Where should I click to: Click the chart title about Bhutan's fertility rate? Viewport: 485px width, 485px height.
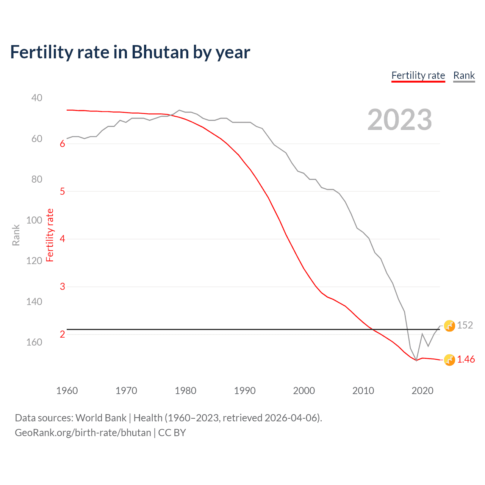130,52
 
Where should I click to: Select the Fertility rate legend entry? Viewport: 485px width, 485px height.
418,75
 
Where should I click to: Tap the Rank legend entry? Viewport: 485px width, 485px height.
464,75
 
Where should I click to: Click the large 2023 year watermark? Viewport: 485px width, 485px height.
399,120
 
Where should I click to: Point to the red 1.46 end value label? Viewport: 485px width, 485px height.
466,360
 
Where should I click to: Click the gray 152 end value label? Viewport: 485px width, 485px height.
465,325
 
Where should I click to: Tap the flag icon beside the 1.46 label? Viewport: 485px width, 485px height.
449,360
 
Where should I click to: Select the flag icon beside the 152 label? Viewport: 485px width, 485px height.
449,325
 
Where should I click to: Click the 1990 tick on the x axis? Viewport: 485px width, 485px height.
245,391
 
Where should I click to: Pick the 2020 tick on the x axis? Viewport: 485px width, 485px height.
422,391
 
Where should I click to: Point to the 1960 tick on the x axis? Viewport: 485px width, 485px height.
67,391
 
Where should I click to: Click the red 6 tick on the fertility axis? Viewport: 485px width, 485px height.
63,144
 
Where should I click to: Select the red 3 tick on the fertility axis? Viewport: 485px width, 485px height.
63,287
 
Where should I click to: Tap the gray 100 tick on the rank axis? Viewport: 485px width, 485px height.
34,220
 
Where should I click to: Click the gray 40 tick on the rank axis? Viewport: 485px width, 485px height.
37,98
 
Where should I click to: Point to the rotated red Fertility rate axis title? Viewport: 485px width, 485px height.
50,235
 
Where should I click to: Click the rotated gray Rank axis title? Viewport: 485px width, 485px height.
16,235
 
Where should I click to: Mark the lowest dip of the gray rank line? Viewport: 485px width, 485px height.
416,360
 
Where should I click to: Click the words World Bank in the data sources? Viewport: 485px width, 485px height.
101,418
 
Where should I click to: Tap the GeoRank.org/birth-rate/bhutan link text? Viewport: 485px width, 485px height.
83,433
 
